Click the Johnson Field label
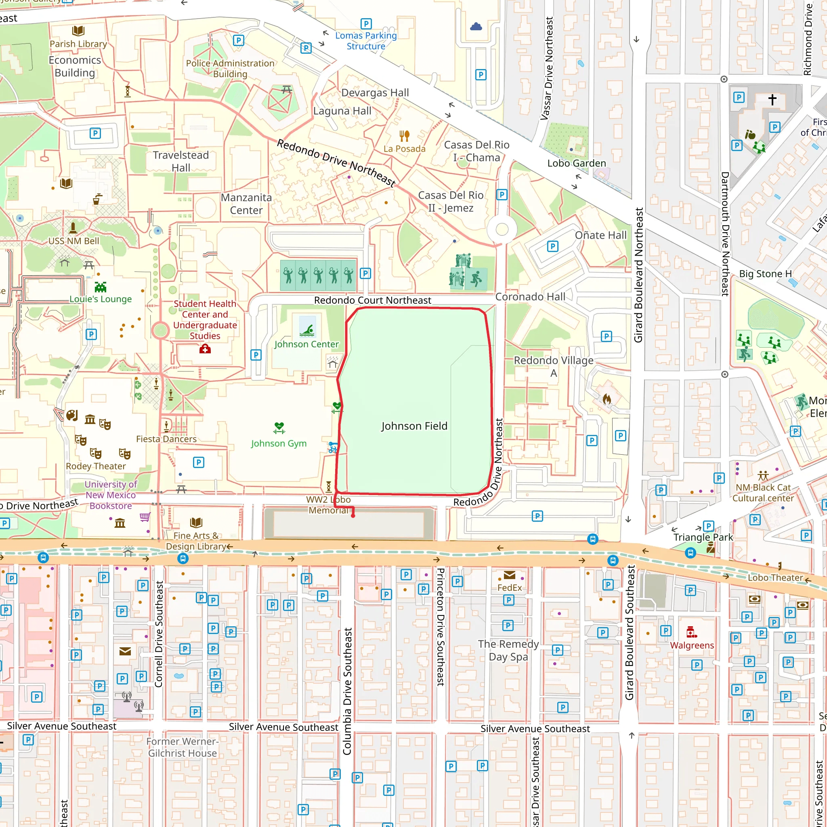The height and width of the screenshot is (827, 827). (414, 426)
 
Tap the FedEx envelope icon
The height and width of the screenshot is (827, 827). (509, 575)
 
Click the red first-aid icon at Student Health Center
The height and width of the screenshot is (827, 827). (205, 349)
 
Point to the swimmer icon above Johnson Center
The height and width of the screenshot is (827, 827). (307, 330)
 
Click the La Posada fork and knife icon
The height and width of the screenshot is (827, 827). (404, 136)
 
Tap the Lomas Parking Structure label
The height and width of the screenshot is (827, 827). (365, 41)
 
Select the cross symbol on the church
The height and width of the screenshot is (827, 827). (772, 100)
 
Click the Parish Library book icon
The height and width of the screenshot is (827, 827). (78, 31)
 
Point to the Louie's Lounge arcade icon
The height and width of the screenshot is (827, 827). (101, 287)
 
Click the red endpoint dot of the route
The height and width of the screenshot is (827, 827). (353, 516)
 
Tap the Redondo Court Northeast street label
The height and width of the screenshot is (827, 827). (372, 300)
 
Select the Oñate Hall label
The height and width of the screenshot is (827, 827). (600, 235)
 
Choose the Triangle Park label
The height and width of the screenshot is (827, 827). (703, 537)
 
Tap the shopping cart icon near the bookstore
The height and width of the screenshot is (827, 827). (145, 517)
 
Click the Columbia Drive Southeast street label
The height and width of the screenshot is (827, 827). (347, 691)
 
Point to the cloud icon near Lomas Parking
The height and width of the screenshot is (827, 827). (476, 27)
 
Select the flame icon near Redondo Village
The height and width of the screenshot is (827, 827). (607, 399)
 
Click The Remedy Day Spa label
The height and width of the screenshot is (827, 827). (508, 650)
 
